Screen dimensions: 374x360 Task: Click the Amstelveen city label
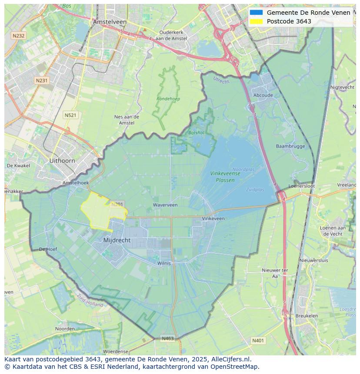coord(110,22)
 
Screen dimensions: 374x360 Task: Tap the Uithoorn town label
coord(62,161)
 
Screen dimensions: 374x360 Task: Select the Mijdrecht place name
coord(117,240)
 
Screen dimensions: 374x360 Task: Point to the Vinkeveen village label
coord(213,218)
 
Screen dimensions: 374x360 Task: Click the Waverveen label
coord(165,205)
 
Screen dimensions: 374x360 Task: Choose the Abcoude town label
coord(263,96)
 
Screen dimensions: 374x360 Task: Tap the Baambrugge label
coord(290,146)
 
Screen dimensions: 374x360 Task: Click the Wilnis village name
coord(164,263)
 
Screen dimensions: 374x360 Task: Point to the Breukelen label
coord(306,316)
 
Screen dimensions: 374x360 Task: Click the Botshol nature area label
coord(196,132)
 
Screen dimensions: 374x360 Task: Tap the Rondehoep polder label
coord(168,99)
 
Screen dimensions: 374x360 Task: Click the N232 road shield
coord(18,36)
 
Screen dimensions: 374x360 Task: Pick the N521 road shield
coord(70,115)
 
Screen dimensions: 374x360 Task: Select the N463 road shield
coord(168,338)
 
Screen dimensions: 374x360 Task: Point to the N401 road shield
coord(258,341)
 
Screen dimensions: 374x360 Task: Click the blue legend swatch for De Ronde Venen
coord(256,13)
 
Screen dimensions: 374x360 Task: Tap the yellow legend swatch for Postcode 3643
coord(256,21)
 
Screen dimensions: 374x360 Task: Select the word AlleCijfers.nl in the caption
coord(231,359)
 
